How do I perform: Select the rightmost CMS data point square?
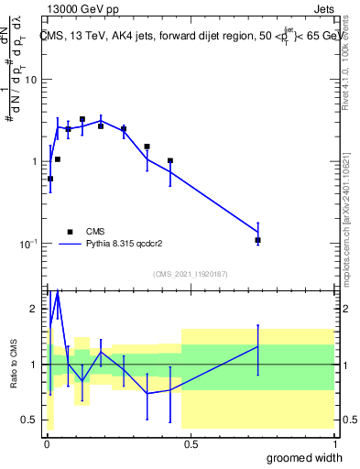258,240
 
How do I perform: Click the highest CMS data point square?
82,119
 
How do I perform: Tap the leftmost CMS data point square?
49,179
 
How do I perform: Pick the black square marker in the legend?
70,232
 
